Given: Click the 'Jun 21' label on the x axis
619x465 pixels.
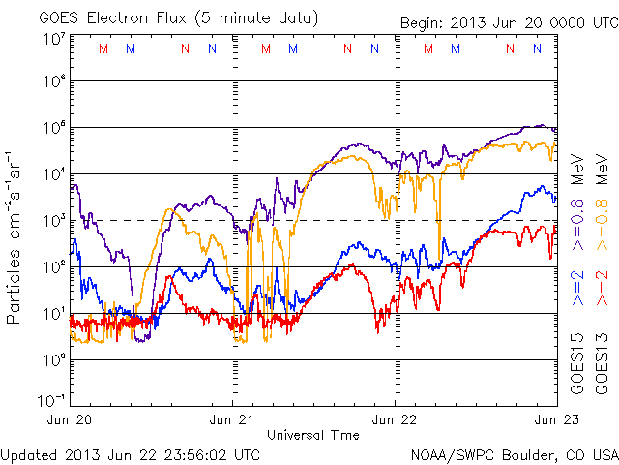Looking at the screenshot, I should (232, 420).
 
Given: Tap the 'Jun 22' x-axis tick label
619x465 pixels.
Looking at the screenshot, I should (395, 420).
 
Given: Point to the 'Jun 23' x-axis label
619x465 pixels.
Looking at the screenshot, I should (555, 420).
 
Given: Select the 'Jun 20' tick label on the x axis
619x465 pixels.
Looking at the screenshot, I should (73, 420).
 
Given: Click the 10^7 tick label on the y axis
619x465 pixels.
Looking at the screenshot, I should (52, 39).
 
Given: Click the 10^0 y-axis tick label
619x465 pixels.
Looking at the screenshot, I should (52, 360).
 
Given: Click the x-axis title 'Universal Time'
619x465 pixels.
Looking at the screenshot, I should (313, 435).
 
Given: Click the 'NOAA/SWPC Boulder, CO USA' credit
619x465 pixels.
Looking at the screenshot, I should (514, 453).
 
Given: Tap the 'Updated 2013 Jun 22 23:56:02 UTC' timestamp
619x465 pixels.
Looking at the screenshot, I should (131, 453).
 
